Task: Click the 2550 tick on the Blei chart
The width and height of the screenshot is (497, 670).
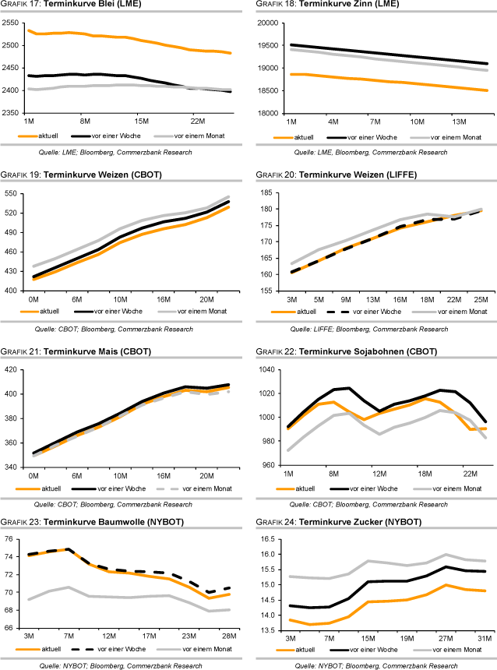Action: pos(12,23)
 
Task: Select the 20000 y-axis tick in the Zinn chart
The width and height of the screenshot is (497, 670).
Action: pos(267,23)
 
